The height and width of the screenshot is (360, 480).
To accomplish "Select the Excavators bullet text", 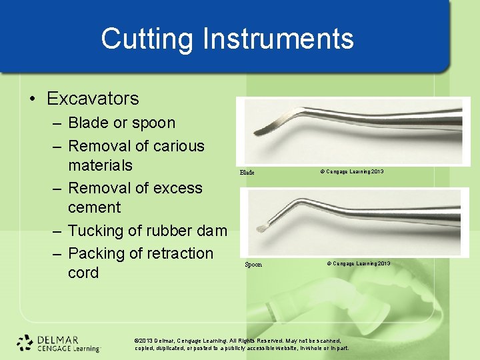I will click(93, 99).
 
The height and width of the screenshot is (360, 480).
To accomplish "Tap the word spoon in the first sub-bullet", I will click(153, 123).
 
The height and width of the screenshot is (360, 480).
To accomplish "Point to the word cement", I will click(94, 207).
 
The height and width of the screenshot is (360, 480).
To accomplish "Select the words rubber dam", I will click(189, 231).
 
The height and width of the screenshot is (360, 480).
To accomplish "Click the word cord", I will click(83, 273).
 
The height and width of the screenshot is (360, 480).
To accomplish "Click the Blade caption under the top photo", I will click(247, 173).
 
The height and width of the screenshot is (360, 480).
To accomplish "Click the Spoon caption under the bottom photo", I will click(253, 265).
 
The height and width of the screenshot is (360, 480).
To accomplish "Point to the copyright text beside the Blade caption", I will click(351, 172).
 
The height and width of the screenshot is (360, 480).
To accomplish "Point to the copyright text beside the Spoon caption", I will click(359, 264).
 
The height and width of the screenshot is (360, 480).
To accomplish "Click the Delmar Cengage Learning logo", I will click(58, 343).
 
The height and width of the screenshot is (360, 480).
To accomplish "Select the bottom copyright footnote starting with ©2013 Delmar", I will click(241, 344).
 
